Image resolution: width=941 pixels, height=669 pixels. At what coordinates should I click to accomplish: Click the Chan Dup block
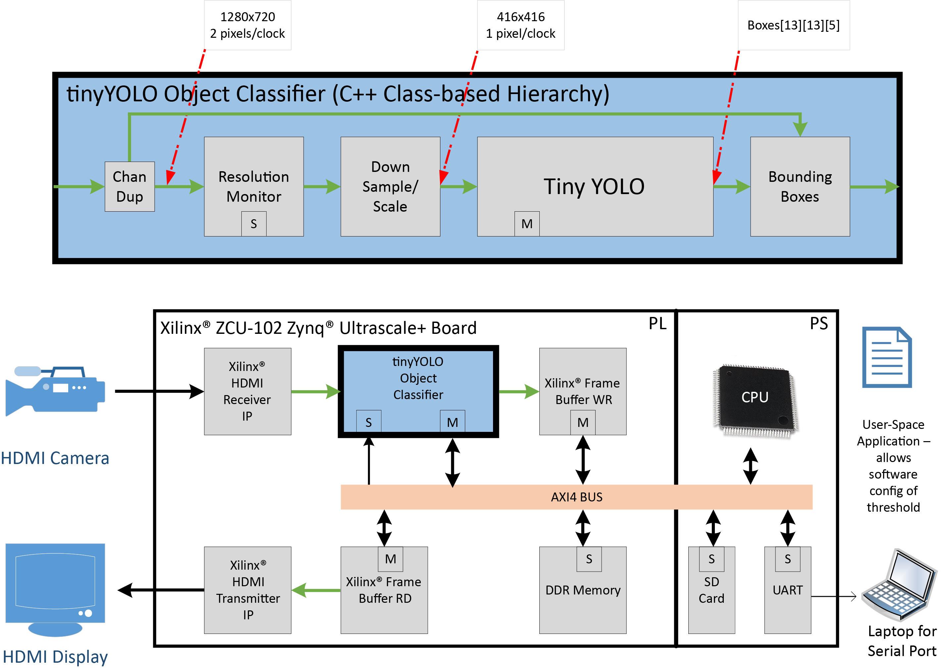coord(129,186)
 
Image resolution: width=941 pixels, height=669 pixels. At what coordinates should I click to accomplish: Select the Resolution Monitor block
coord(254,181)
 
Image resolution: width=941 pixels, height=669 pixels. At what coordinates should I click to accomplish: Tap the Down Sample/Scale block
coord(390,186)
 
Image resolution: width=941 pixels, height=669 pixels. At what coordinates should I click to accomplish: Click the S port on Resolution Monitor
coord(254,224)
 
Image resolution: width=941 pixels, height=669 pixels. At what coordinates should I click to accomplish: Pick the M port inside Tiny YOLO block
coord(527,224)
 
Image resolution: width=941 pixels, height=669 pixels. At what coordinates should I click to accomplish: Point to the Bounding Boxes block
coord(800,186)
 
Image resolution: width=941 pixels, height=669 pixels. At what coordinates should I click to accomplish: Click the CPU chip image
coord(755,400)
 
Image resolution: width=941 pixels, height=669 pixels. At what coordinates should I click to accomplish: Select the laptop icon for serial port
coord(900,585)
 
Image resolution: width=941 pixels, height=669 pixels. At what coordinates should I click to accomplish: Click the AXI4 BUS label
coord(576,497)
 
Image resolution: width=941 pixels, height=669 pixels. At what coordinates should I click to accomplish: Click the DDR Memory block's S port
coord(589,559)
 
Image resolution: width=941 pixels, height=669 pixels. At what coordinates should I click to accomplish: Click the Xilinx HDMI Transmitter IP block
coord(248,590)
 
